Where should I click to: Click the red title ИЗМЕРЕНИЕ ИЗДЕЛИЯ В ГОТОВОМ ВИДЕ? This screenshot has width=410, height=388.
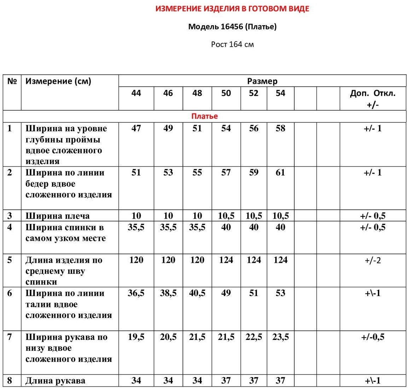232,8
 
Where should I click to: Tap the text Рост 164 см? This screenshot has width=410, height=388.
232,44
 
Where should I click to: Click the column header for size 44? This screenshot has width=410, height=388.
136,93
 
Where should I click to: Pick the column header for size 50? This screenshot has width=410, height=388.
226,93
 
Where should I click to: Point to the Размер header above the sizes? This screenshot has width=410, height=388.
262,81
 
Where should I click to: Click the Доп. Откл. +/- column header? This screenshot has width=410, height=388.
373,99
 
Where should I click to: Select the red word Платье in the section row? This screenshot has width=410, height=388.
204,116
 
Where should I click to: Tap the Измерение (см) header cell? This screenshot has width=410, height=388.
58,81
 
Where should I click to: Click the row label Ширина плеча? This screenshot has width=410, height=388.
57,216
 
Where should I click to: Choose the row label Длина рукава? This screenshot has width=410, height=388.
55,381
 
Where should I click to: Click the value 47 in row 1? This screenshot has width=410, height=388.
136,128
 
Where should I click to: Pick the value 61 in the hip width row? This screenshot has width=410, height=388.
280,173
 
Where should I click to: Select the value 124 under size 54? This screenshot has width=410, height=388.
280,260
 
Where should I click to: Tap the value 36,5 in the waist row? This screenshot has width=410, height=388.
136,293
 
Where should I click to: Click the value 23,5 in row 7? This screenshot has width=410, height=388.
280,337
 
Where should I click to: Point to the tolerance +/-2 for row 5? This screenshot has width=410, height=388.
373,261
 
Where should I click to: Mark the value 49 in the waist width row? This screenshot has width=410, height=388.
226,293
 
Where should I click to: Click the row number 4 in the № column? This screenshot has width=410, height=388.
10,227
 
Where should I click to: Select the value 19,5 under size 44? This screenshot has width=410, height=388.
136,337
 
